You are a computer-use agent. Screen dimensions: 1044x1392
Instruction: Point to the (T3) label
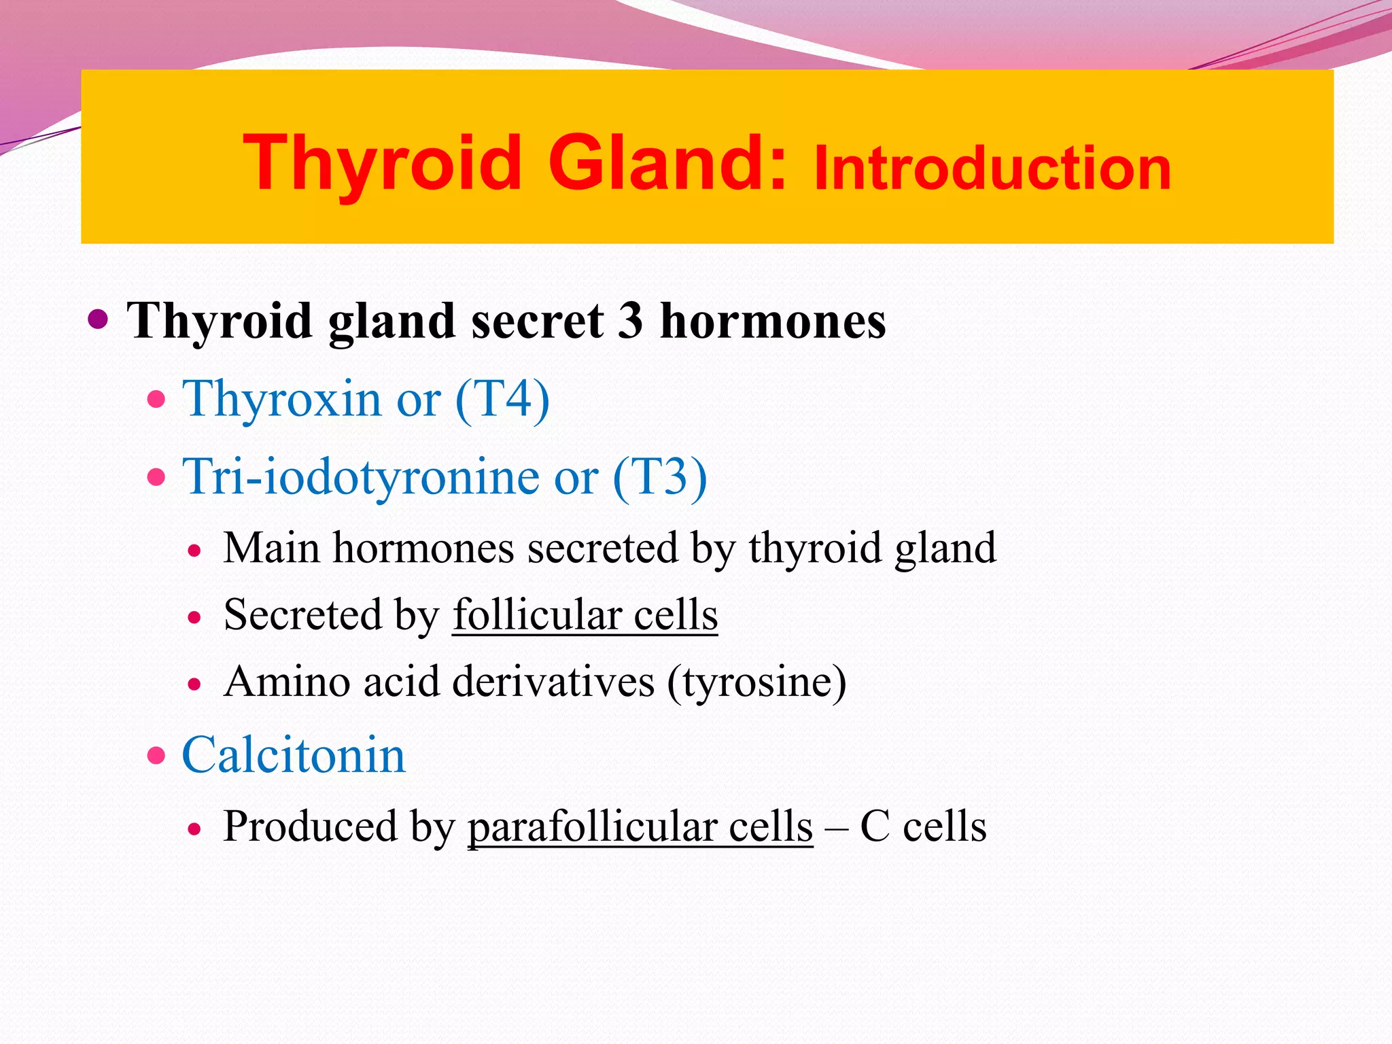(660, 476)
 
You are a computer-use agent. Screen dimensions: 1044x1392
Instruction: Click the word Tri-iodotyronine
(360, 476)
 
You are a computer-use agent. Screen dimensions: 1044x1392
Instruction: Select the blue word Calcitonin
(294, 755)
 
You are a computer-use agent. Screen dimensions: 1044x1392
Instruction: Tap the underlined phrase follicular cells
(585, 615)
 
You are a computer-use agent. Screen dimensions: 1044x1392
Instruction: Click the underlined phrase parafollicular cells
(640, 827)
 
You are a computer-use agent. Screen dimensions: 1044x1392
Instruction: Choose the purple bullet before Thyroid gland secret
(99, 318)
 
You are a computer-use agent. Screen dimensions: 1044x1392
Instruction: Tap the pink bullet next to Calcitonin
(156, 755)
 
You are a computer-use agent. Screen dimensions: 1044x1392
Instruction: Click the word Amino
(286, 682)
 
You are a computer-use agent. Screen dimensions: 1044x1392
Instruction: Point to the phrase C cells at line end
(923, 827)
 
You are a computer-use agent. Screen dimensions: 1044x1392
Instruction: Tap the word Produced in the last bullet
(310, 827)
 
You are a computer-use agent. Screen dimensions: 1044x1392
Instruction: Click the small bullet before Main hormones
(195, 551)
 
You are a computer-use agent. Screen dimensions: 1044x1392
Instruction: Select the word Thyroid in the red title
(382, 163)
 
